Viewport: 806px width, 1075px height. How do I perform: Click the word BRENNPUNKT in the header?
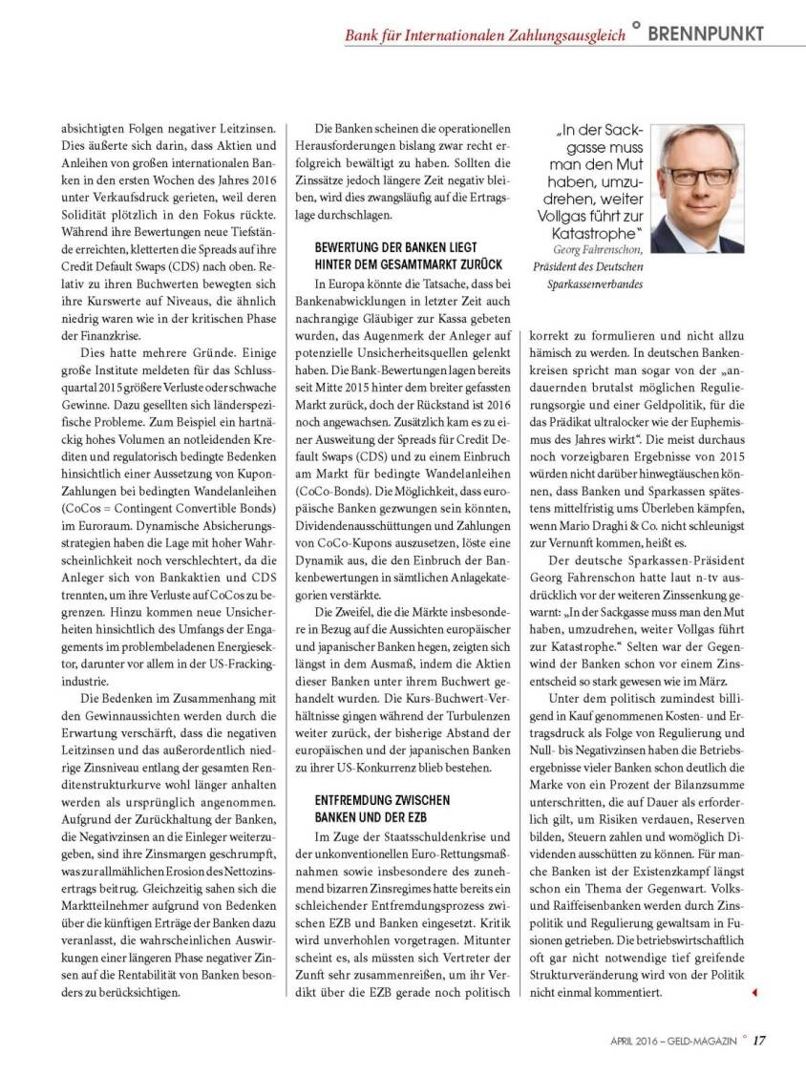pyautogui.click(x=706, y=33)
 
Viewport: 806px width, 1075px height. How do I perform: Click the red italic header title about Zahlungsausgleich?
pyautogui.click(x=485, y=35)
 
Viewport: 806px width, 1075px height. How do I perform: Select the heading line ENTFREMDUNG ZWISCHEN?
pyautogui.click(x=382, y=799)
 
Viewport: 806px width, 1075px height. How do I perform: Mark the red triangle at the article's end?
pyautogui.click(x=753, y=994)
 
